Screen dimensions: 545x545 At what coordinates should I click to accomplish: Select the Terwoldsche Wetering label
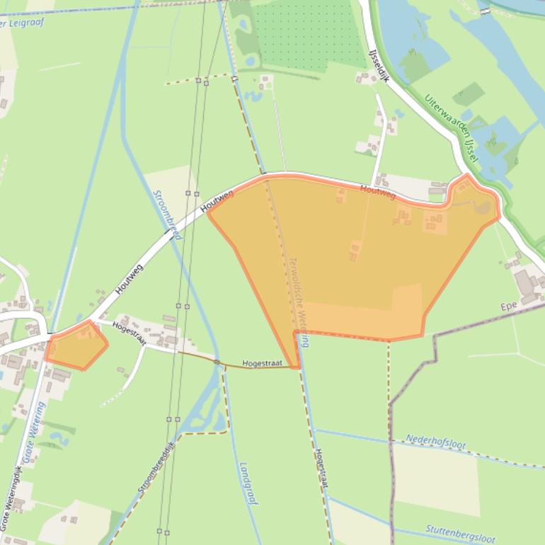point(298,301)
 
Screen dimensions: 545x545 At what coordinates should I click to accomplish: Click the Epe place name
point(507,307)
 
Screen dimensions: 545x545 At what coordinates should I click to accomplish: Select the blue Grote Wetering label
point(33,432)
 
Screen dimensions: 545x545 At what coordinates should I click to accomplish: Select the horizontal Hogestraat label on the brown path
point(262,363)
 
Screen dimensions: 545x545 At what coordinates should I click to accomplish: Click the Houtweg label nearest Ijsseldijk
point(377,191)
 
